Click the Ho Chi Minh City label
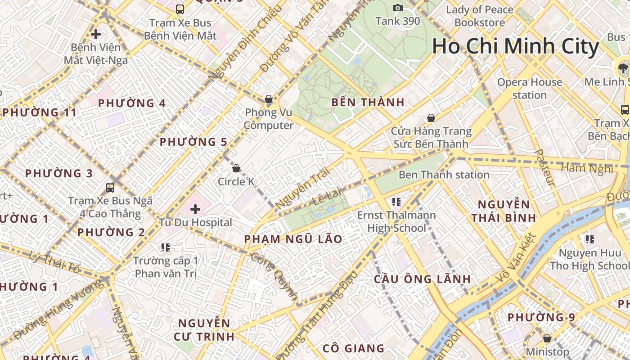tap(516, 46)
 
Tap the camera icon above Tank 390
tap(397, 8)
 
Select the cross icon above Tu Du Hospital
tap(195, 209)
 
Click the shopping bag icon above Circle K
tap(236, 168)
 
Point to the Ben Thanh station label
tap(444, 175)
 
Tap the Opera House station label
tap(530, 89)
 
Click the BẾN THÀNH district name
tap(368, 102)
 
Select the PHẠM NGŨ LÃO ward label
tap(293, 239)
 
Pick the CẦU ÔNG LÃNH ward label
tap(422, 279)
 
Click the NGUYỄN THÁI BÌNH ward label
tap(504, 211)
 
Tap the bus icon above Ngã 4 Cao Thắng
tap(110, 187)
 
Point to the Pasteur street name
tap(544, 168)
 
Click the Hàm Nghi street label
tap(587, 169)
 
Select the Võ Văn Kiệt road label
tap(516, 258)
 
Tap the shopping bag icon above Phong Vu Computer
tap(269, 99)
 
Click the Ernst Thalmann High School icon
tap(396, 202)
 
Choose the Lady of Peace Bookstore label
tap(479, 16)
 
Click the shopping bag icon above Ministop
tap(547, 338)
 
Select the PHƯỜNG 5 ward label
tap(193, 142)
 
